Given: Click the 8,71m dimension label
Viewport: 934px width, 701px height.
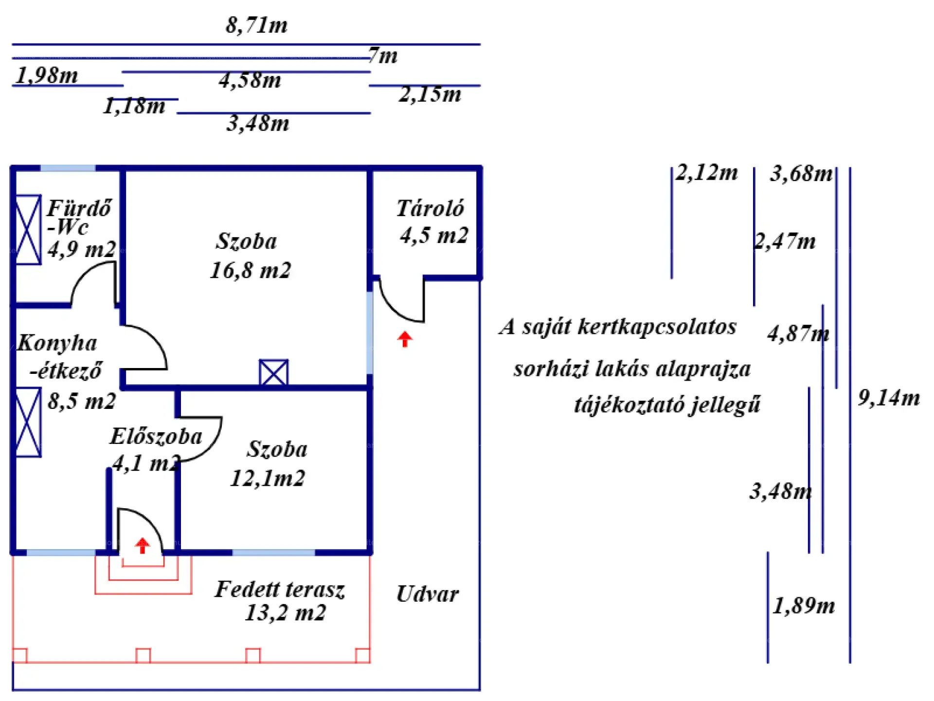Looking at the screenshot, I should tap(256, 25).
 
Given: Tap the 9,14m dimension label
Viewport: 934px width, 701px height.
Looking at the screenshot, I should tap(888, 398).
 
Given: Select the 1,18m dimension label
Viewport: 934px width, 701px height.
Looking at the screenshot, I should tap(134, 106).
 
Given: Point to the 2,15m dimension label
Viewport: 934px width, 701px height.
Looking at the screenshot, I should tap(430, 94).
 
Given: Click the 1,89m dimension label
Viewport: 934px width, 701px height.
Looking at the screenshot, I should tap(804, 606).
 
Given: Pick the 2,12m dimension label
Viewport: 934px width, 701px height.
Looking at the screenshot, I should tap(707, 173).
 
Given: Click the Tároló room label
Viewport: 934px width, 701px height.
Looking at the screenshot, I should tap(430, 208).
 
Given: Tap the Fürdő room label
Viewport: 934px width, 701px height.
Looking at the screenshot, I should tap(79, 208).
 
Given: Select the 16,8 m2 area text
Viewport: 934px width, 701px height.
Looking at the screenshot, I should tap(250, 270).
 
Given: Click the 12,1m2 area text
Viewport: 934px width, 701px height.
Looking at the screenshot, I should tap(267, 478).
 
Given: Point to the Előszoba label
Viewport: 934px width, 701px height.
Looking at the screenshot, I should tap(156, 436).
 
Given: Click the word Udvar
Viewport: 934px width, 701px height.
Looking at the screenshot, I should tap(427, 594).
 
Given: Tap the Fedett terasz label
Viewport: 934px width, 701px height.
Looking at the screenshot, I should tap(280, 590).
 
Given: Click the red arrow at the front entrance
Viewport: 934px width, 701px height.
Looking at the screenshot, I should tap(142, 545).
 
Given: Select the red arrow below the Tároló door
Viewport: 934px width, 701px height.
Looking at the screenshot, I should tap(405, 339).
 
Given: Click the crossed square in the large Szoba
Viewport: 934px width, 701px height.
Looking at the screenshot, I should tap(273, 373).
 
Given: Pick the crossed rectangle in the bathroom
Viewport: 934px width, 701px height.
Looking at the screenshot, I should tap(28, 230).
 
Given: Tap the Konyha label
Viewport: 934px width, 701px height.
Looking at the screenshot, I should tap(57, 343).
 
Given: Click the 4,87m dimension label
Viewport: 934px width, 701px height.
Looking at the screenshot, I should tap(798, 333).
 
